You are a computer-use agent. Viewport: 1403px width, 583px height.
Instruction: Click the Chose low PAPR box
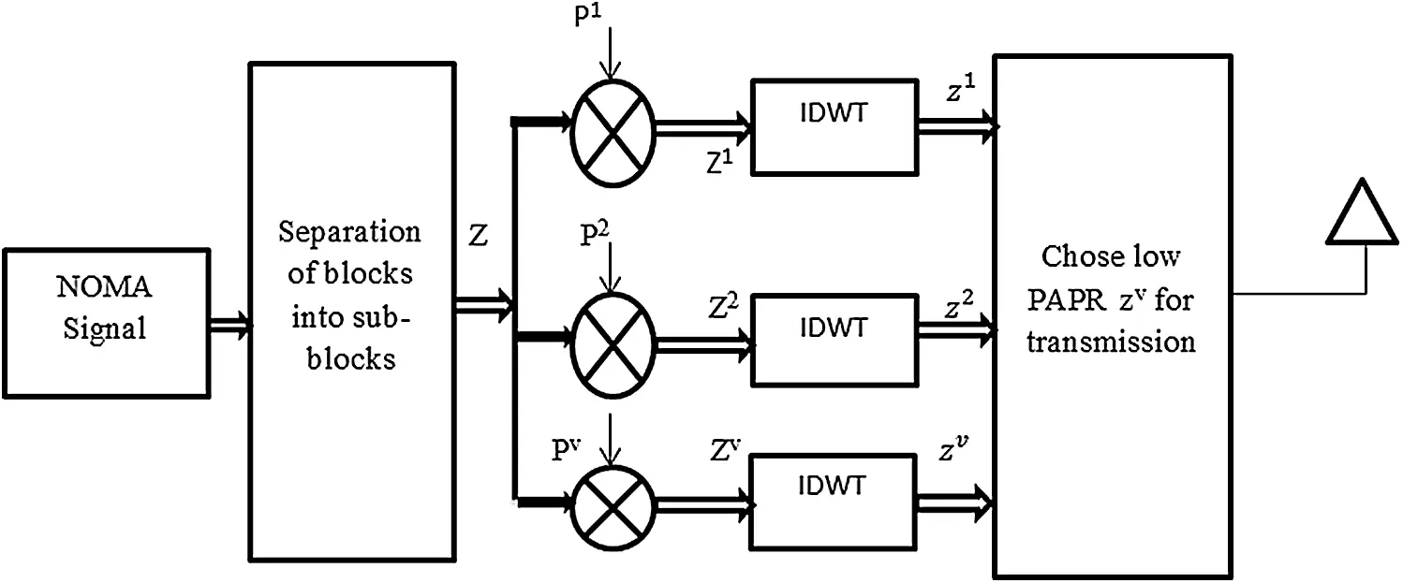(1111, 316)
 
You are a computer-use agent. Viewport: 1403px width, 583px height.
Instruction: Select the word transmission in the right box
(1111, 343)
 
